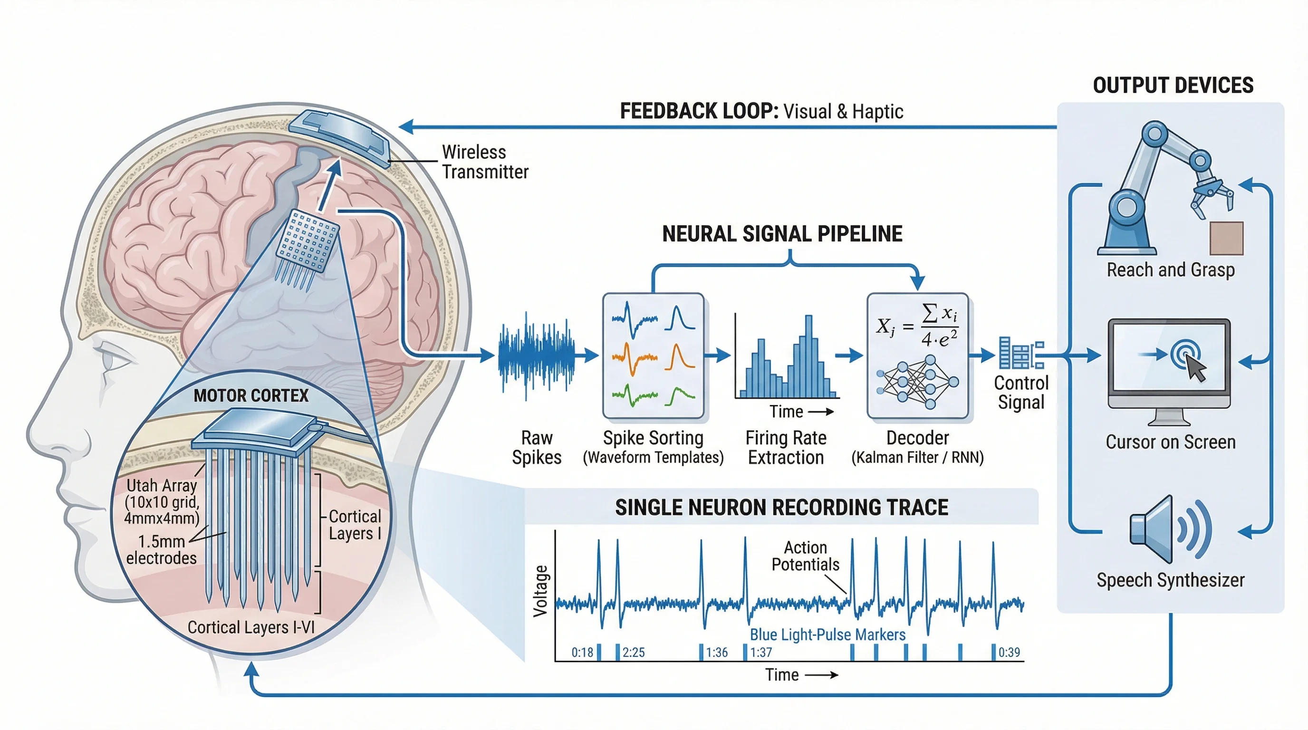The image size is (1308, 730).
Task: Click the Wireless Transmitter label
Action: [x=484, y=162]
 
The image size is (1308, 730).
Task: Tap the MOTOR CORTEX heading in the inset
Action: [x=251, y=395]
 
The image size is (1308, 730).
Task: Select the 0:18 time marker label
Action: [x=582, y=653]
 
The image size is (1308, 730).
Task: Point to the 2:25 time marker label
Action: [x=633, y=653]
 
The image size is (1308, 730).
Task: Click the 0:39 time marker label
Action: [x=1009, y=653]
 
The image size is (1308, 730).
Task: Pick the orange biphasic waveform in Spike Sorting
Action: [x=634, y=357]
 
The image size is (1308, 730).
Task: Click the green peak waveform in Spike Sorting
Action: [x=680, y=395]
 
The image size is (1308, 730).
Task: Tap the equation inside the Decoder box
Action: [x=917, y=326]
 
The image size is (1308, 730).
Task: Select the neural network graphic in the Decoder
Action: [x=917, y=382]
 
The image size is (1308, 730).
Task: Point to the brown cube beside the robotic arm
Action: [x=1226, y=238]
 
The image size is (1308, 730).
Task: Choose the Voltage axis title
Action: [x=541, y=591]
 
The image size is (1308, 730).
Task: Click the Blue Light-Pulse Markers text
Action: [x=827, y=634]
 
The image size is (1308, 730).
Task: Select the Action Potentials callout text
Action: [x=805, y=556]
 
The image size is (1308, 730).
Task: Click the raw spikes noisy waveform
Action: [x=537, y=355]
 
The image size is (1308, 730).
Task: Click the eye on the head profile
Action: [x=113, y=358]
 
